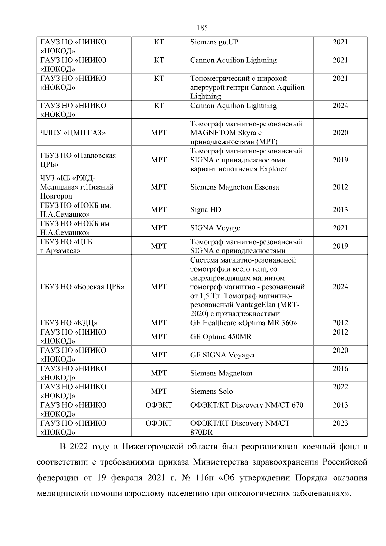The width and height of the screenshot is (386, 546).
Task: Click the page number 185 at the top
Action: click(x=202, y=28)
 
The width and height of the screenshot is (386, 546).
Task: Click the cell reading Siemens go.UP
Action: click(x=214, y=42)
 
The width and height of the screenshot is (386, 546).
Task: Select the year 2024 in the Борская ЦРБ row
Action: click(x=340, y=287)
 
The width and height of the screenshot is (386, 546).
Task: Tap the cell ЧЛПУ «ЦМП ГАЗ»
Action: click(x=73, y=133)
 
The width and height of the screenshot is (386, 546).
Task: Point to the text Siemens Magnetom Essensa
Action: click(x=234, y=187)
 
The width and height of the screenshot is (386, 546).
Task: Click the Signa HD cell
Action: click(x=206, y=210)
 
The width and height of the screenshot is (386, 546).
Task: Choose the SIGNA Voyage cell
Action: click(x=215, y=228)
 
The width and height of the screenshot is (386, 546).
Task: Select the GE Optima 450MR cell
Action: click(x=221, y=337)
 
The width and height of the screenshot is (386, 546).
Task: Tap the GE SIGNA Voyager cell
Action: click(x=223, y=355)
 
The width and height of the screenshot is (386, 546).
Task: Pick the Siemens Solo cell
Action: click(x=211, y=392)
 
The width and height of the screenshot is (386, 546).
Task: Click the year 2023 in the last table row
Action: click(x=340, y=423)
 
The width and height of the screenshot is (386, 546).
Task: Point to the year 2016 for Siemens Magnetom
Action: click(x=340, y=369)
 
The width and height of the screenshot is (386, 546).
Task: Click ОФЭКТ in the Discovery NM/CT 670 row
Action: click(x=159, y=405)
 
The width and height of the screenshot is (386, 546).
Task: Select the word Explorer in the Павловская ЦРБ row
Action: click(x=273, y=169)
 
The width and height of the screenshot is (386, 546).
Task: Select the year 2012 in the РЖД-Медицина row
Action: click(x=340, y=187)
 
